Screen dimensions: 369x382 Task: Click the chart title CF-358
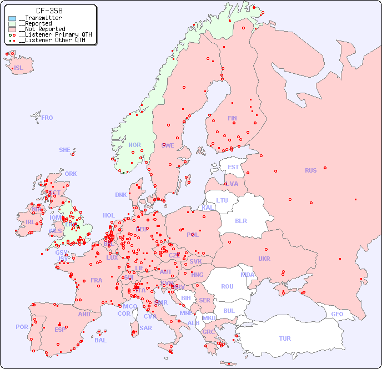click(x=49, y=11)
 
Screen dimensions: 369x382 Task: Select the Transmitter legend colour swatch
click(x=12, y=18)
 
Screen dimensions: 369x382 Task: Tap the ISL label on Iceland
click(x=18, y=68)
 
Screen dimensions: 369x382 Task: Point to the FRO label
click(x=47, y=118)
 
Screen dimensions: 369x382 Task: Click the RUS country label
click(x=310, y=170)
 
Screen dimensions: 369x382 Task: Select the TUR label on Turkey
click(x=285, y=338)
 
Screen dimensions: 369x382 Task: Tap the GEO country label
click(x=337, y=314)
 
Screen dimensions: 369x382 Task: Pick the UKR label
click(x=264, y=259)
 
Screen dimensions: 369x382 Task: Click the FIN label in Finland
click(x=232, y=118)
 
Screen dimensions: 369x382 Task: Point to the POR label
click(x=22, y=327)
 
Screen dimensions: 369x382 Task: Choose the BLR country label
click(x=240, y=220)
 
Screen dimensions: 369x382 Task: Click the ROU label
click(x=227, y=286)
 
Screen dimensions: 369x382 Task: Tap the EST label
click(x=233, y=167)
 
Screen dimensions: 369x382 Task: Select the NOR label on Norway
click(x=134, y=145)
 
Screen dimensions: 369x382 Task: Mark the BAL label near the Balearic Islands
click(x=100, y=340)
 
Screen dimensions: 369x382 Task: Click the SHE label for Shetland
click(x=65, y=150)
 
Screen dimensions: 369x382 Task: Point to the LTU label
click(x=222, y=200)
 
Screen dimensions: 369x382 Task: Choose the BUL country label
click(x=229, y=311)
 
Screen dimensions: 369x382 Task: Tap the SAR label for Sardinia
click(x=145, y=328)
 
